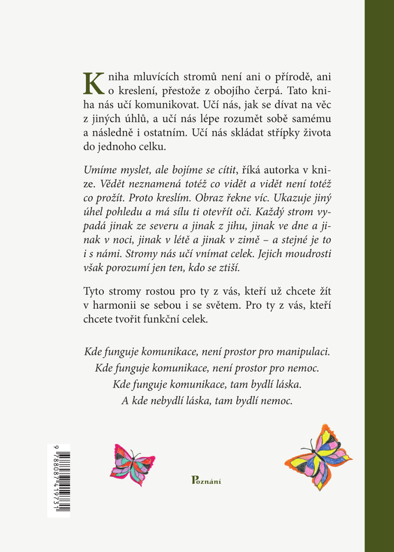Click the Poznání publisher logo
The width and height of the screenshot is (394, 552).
point(206,481)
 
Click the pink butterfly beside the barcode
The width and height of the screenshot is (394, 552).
point(132,465)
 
